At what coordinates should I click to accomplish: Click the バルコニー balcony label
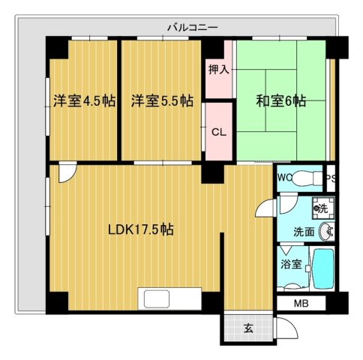[193, 27]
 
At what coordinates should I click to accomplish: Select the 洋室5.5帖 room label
[162, 100]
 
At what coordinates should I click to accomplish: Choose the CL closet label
[218, 132]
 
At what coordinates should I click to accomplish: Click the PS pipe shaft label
[331, 178]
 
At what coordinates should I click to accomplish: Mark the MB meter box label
[300, 304]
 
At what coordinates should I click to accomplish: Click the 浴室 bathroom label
[291, 264]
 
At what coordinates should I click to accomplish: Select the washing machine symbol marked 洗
[322, 208]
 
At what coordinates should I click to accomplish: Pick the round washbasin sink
[325, 232]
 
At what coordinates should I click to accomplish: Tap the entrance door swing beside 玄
[285, 327]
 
